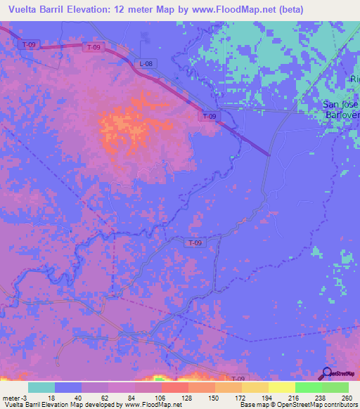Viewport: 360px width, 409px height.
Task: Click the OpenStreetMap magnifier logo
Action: (x=328, y=373)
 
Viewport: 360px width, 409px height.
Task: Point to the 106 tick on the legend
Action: (x=161, y=398)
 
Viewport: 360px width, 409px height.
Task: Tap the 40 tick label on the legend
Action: (x=81, y=398)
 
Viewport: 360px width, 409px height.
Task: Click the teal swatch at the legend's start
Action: (x=41, y=387)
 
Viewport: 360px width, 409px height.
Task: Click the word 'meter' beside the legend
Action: (x=11, y=398)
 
